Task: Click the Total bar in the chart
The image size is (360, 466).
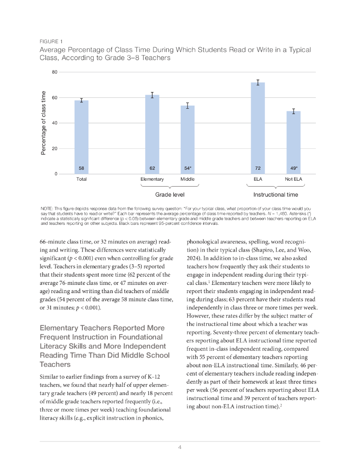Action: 81,137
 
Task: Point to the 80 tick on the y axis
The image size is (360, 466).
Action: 54,72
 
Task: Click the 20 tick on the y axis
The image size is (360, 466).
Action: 54,149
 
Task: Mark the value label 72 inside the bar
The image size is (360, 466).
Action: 258,168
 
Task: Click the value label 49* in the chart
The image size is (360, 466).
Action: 294,168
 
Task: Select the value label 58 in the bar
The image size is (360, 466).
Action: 81,168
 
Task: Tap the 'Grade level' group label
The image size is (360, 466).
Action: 170,195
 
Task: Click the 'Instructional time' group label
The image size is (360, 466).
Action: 275,195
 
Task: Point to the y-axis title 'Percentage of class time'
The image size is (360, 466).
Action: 44,123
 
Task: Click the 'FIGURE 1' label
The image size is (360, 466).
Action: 51,41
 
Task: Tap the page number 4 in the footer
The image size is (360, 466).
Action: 180,447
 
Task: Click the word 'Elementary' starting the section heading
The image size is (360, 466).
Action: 62,328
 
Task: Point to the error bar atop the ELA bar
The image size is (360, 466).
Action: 258,82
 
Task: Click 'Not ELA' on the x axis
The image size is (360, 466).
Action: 294,179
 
